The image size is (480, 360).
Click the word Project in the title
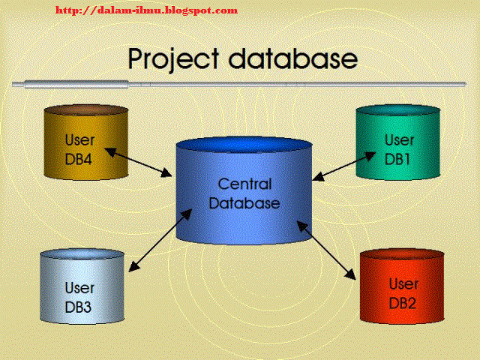click(x=173, y=58)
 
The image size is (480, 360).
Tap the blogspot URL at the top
click(x=147, y=10)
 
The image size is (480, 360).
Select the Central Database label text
click(x=244, y=193)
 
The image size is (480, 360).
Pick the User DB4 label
click(x=78, y=147)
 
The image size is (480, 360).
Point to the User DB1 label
click(x=398, y=148)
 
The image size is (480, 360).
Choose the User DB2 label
click(x=403, y=294)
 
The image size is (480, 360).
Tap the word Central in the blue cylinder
click(x=244, y=184)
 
